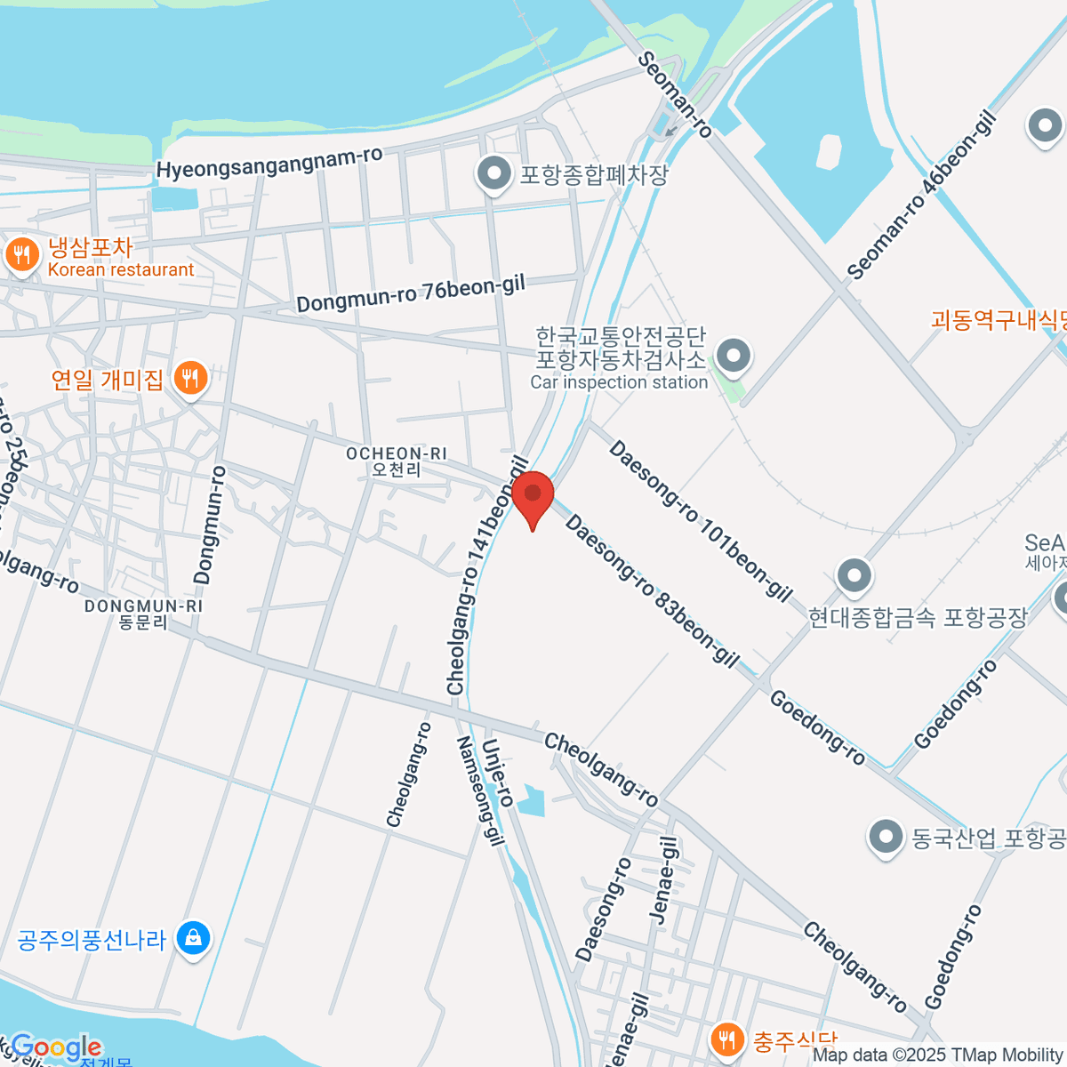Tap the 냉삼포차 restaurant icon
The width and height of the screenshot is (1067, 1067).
coord(21,257)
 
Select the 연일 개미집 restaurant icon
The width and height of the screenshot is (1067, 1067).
coord(189,380)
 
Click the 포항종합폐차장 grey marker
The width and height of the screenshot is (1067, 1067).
coord(493,174)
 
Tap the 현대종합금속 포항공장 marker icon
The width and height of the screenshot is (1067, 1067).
coord(854,576)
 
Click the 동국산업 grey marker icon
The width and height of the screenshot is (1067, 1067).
coord(886,837)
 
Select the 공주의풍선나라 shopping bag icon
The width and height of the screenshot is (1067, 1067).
coord(193,938)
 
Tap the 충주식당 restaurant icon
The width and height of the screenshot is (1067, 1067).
coord(727,1039)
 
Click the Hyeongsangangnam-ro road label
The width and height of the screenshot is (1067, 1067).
coord(269,163)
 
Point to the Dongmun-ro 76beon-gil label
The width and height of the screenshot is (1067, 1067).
coord(411,293)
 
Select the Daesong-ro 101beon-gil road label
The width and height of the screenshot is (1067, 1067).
coord(700,521)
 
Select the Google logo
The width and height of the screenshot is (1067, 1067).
coord(55,1047)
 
